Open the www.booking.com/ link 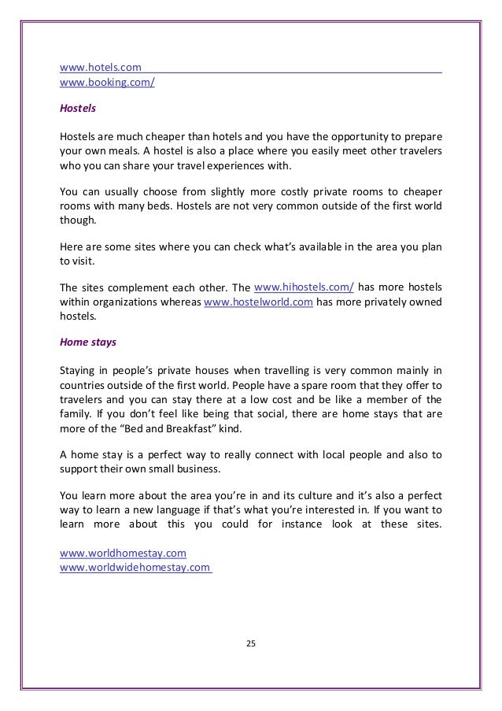pos(107,81)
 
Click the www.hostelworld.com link pos(253,302)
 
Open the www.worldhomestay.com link pos(123,554)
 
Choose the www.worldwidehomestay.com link pos(135,567)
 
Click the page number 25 pos(251,645)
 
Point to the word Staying pos(79,370)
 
